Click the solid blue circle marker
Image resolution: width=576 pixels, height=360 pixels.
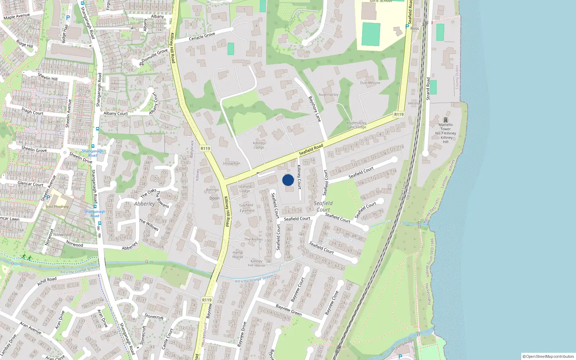click(x=288, y=180)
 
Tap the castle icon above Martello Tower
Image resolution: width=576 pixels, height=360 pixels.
click(x=446, y=120)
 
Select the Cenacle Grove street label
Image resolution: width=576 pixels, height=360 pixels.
click(x=202, y=36)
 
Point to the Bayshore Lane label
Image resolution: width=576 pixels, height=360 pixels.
click(x=314, y=109)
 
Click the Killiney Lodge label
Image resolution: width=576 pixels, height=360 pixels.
click(x=259, y=145)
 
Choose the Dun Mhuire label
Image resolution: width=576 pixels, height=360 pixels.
click(x=370, y=83)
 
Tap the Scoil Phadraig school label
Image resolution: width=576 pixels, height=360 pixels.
click(x=57, y=207)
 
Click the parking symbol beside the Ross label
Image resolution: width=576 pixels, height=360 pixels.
click(x=407, y=26)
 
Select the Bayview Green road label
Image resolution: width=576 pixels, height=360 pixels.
click(x=289, y=310)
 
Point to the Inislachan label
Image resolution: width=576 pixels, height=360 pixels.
click(x=231, y=163)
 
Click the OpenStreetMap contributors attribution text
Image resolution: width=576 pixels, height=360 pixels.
click(x=548, y=356)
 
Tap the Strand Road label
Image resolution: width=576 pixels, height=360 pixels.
click(x=428, y=89)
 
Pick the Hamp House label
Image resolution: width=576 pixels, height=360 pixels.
click(x=238, y=255)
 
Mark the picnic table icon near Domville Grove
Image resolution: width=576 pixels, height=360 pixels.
click(x=141, y=64)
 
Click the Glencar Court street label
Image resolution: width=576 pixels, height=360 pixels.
click(x=31, y=184)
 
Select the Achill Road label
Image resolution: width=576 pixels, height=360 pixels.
click(x=47, y=281)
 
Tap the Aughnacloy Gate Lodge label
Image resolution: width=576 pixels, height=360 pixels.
click(x=356, y=125)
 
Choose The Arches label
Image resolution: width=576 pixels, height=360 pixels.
click(x=253, y=239)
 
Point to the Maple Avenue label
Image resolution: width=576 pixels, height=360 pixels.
click(x=17, y=16)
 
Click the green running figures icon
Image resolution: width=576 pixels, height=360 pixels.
click(x=26, y=257)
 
